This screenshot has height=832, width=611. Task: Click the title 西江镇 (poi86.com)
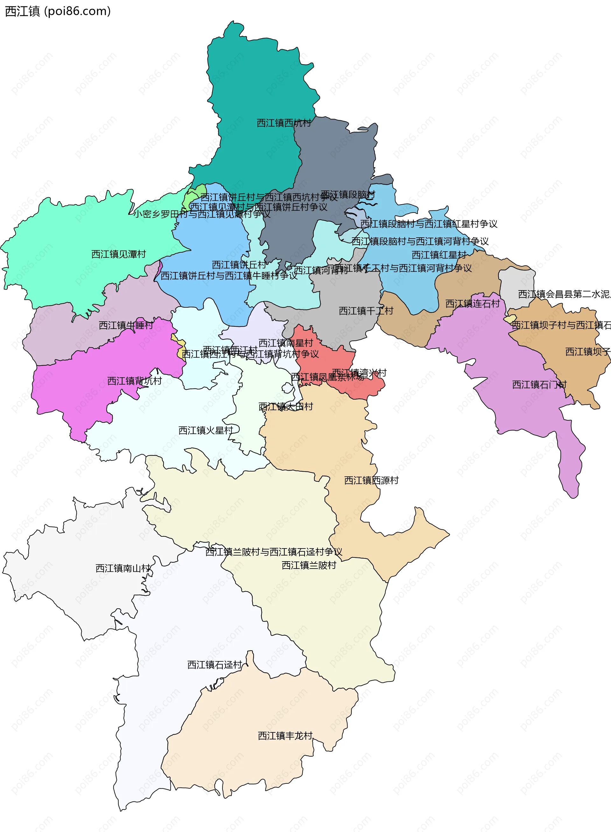click(58, 11)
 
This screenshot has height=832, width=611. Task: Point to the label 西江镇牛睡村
click(126, 325)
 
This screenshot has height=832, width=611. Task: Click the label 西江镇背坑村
click(134, 381)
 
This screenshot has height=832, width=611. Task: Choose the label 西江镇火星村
click(205, 430)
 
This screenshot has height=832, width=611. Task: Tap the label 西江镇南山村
click(123, 568)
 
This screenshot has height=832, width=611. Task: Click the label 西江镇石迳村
click(214, 665)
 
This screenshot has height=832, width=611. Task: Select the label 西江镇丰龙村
click(285, 736)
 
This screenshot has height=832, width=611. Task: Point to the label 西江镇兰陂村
click(309, 565)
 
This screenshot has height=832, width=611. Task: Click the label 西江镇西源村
click(371, 480)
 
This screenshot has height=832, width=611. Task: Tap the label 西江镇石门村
click(539, 385)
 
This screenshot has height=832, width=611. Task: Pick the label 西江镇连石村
click(472, 304)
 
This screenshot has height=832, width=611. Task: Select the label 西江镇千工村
click(366, 311)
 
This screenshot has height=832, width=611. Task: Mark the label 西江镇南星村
click(285, 343)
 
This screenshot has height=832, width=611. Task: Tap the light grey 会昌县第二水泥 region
click(516, 285)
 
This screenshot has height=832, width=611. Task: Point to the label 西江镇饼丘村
click(239, 265)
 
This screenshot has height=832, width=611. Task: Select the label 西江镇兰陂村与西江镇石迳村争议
click(274, 552)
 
